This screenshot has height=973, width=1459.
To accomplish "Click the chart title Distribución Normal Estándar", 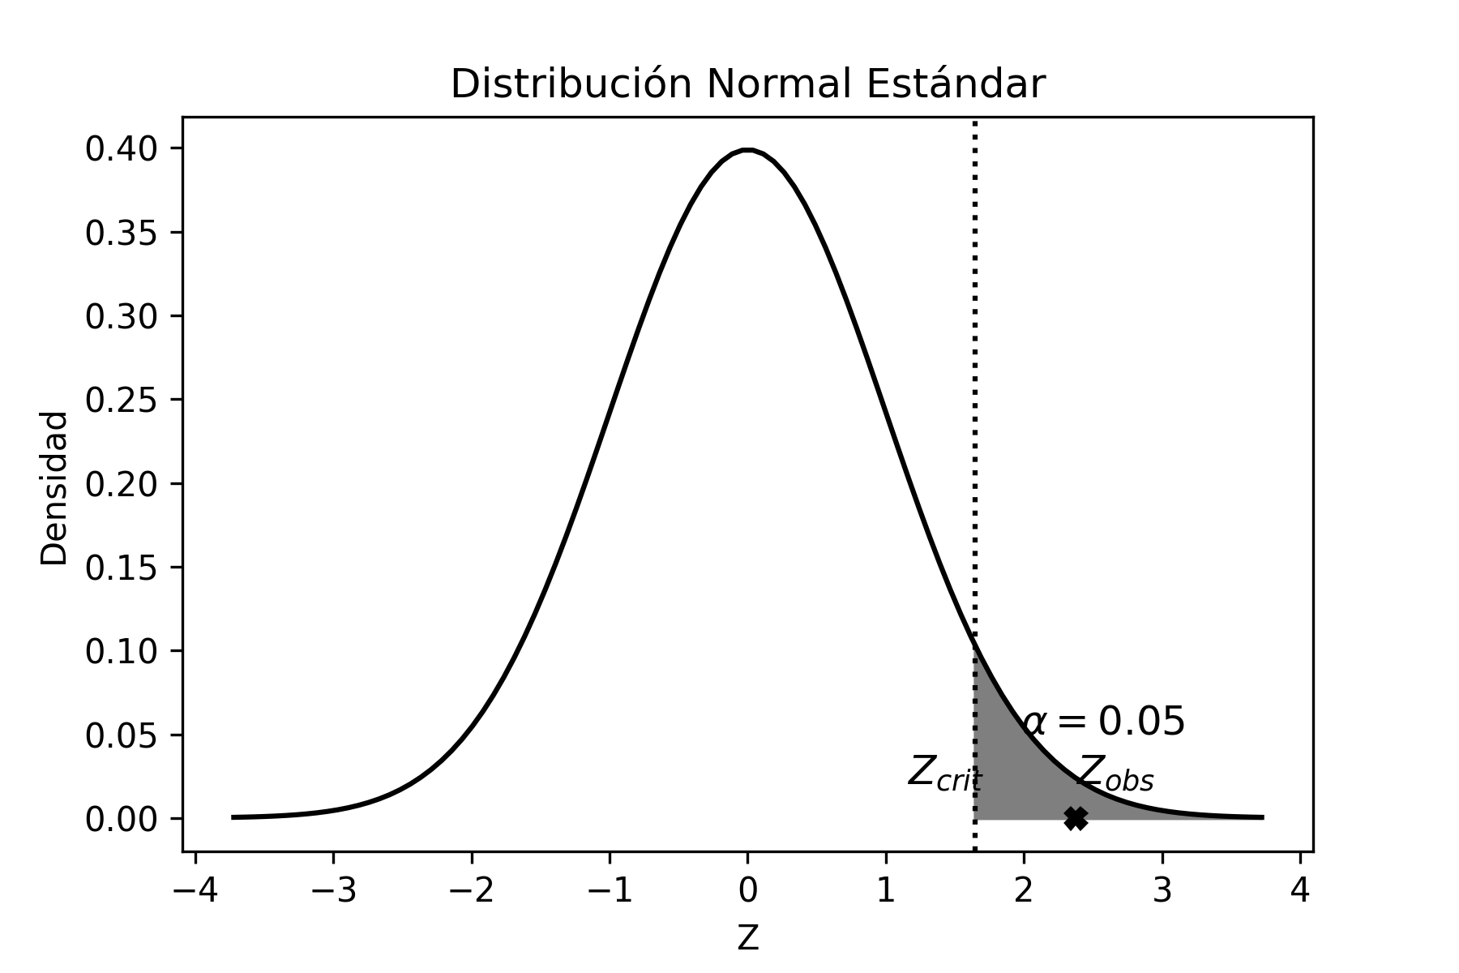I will click(x=747, y=84).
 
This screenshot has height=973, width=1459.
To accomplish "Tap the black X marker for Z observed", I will click(x=1076, y=818).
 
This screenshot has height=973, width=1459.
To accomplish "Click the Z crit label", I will click(x=944, y=773).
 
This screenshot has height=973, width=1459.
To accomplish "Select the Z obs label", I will click(x=1115, y=773).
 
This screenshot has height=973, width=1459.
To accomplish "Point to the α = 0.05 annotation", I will click(x=1104, y=721).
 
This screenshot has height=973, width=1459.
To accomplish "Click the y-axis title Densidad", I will click(x=54, y=488).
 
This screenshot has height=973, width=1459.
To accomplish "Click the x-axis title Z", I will click(x=747, y=938).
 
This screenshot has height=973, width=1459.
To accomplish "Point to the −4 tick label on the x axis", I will click(x=195, y=891).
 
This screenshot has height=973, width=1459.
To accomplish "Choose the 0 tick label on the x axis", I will click(x=748, y=891).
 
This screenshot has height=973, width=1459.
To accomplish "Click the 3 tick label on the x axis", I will click(x=1162, y=891).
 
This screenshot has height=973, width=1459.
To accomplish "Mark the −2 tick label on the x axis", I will click(x=472, y=891).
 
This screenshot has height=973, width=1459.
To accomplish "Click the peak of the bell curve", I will click(x=748, y=150).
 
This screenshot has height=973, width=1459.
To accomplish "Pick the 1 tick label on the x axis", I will click(x=886, y=891).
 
